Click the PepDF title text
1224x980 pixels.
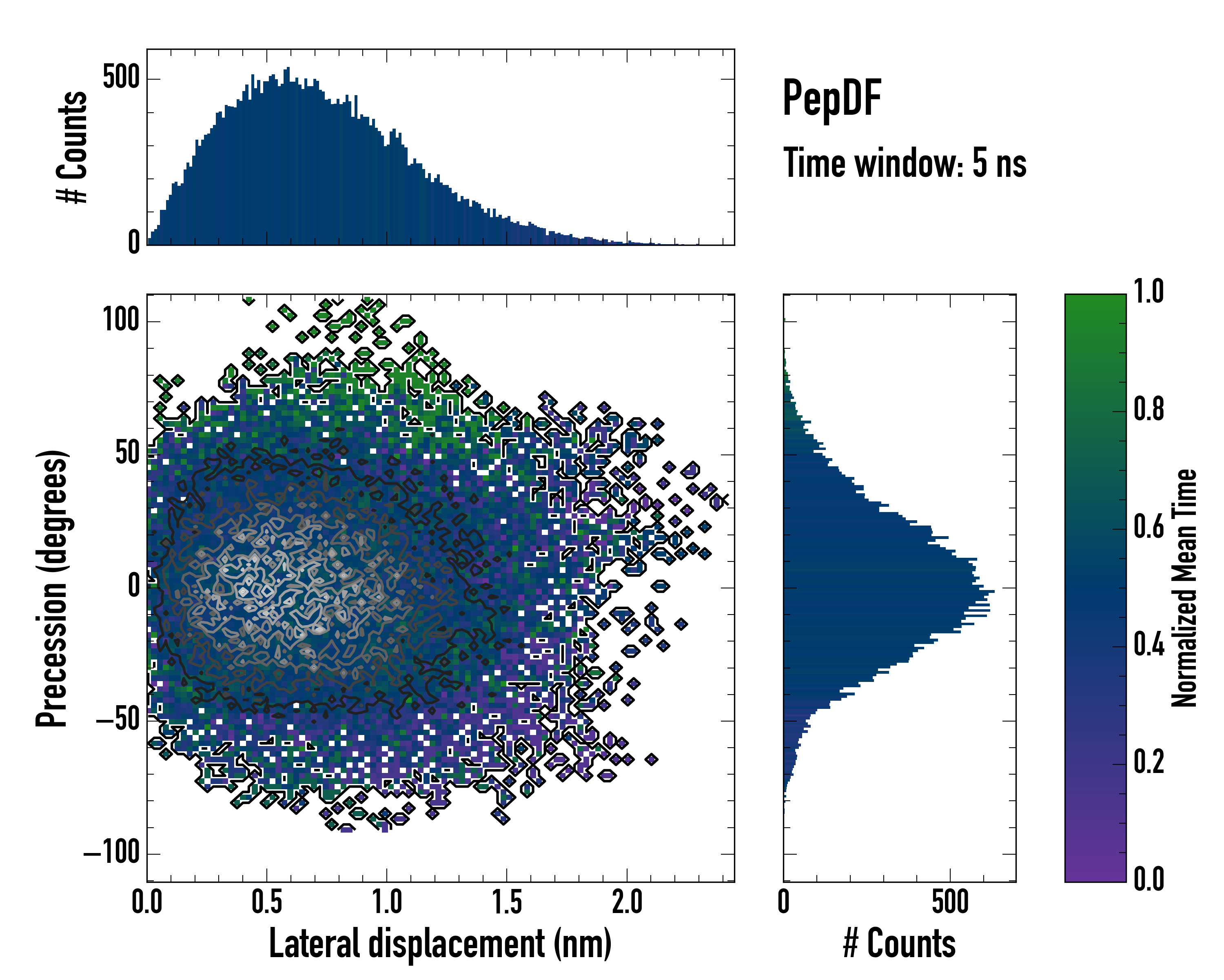(832, 98)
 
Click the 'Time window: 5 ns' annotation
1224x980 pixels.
(905, 163)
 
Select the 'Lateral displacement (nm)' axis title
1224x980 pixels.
(440, 944)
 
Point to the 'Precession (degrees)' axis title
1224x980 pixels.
(52, 588)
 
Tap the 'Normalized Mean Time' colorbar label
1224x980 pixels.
(1184, 588)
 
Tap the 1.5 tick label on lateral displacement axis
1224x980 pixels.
(507, 902)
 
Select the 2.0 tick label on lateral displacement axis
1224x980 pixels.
(628, 902)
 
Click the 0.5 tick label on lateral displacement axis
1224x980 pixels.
(267, 902)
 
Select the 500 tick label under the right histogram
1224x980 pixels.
(950, 902)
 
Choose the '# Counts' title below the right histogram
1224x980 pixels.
(899, 944)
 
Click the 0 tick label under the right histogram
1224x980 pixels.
(783, 902)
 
